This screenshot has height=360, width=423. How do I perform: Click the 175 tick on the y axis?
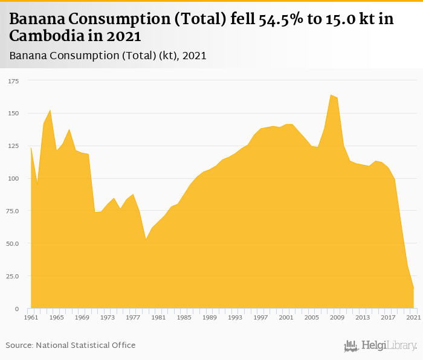(13, 81)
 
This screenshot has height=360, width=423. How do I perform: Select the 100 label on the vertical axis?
(13, 179)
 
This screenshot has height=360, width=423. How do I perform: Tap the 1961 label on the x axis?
(31, 317)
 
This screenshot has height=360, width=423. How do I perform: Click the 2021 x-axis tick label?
(413, 317)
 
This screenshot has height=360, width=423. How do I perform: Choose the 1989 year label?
(209, 317)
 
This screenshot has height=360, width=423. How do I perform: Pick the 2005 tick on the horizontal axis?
(311, 317)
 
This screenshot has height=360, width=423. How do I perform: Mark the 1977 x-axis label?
(133, 317)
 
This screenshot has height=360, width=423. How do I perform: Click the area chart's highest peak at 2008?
(331, 95)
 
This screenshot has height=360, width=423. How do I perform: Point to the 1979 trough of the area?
(146, 239)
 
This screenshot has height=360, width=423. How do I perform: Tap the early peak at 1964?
(50, 110)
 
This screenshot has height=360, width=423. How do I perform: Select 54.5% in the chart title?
(282, 19)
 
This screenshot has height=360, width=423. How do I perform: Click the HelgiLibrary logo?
(380, 346)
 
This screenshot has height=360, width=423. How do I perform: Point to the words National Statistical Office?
(85, 345)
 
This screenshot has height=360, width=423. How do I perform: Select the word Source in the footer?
(18, 345)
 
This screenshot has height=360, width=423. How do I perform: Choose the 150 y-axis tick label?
(13, 114)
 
